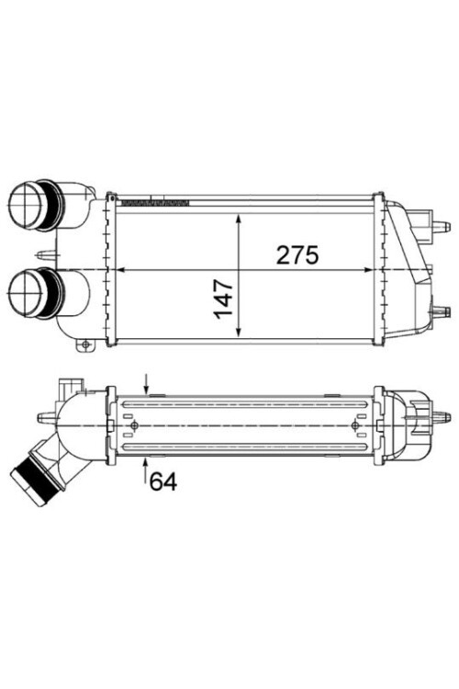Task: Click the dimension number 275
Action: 297,256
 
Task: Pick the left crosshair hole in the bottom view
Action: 136,426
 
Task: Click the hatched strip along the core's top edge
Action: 154,200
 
